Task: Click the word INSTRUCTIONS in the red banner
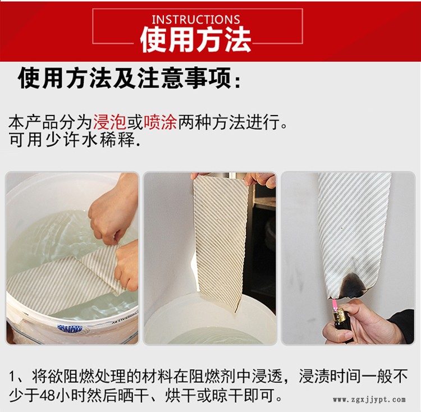[x=196, y=20]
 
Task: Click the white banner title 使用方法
[x=196, y=40]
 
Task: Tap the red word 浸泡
[x=109, y=123]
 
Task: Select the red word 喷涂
[x=161, y=123]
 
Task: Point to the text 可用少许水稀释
[x=75, y=140]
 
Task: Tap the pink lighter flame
[x=335, y=304]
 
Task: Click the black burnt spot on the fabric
[x=352, y=286]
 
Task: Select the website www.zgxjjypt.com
[x=369, y=400]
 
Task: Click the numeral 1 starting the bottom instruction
[x=12, y=376]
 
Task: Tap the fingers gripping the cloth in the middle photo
[x=260, y=180]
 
